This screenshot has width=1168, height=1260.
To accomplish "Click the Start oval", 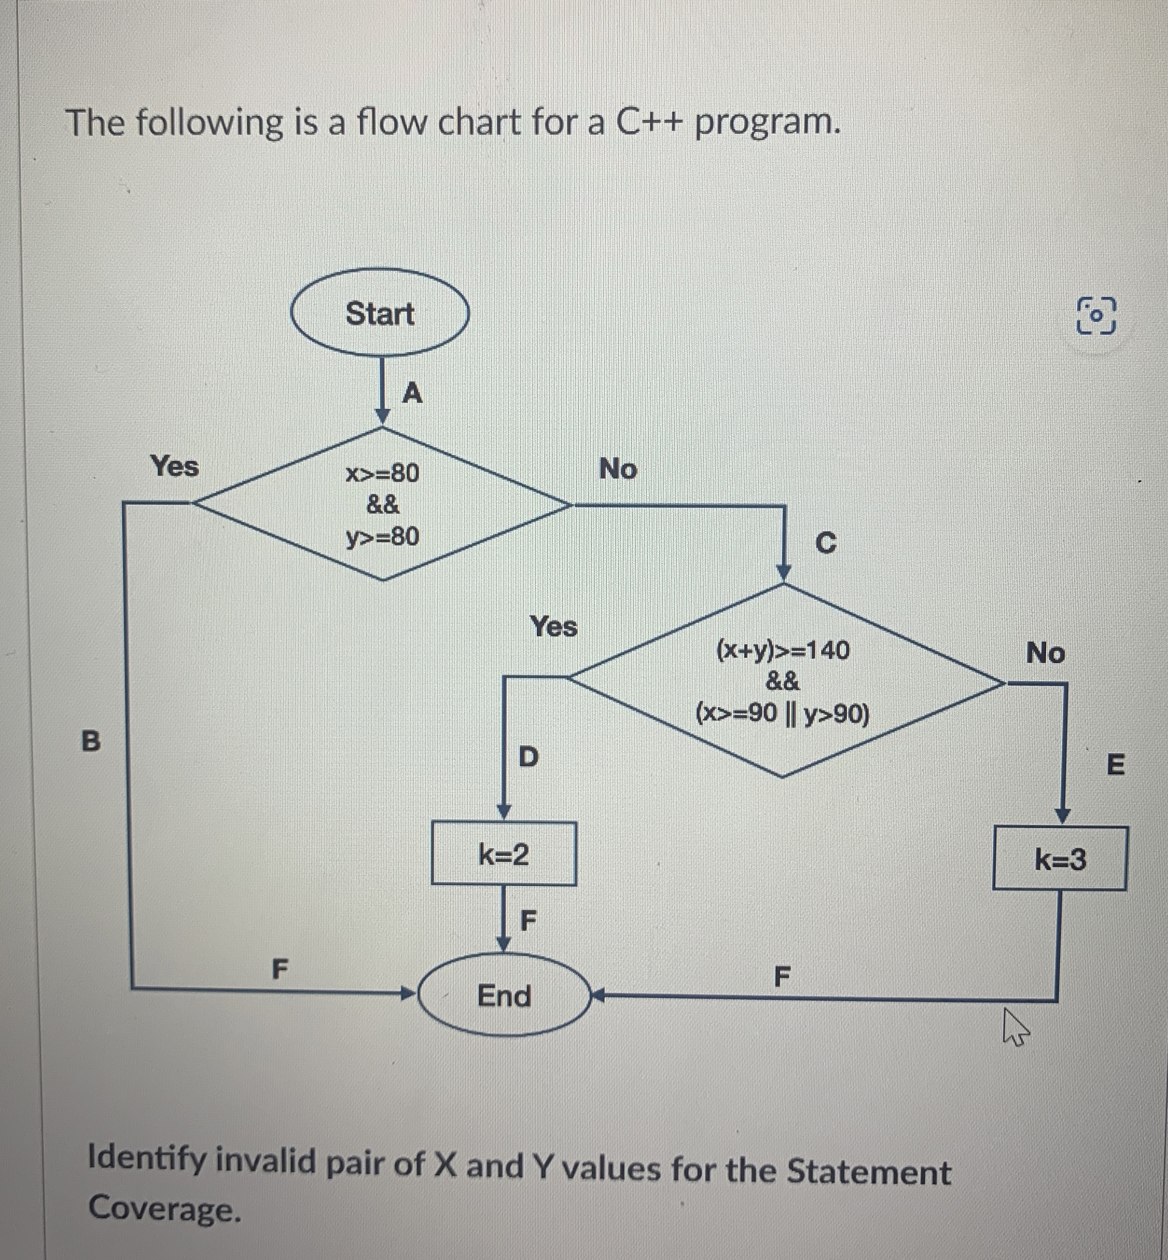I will pyautogui.click(x=379, y=313).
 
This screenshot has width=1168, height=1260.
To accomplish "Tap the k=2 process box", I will pyautogui.click(x=504, y=855).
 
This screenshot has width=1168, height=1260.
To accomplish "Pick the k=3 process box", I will pyautogui.click(x=1060, y=859).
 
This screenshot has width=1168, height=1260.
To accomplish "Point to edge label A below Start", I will pyautogui.click(x=412, y=394).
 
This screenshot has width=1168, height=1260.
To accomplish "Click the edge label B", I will pyautogui.click(x=91, y=741).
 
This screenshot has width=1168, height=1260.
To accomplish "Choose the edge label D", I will pyautogui.click(x=528, y=756).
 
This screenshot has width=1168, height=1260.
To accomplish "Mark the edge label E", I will pyautogui.click(x=1116, y=765).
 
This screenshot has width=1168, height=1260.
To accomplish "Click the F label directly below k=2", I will pyautogui.click(x=527, y=921).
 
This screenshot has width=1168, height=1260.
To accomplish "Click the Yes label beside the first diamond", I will pyautogui.click(x=174, y=467).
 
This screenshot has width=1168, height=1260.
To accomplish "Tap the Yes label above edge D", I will pyautogui.click(x=554, y=627).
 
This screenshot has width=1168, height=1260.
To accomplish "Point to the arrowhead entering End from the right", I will pyautogui.click(x=597, y=997).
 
